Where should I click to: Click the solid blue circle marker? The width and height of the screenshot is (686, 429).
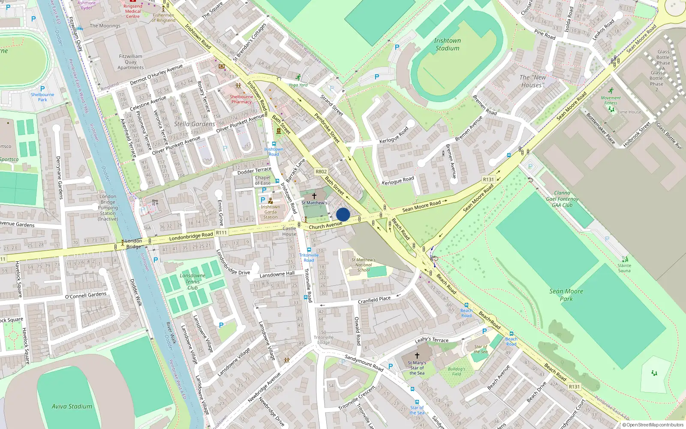click(343, 214)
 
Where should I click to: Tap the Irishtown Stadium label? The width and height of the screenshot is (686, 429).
click(447, 44)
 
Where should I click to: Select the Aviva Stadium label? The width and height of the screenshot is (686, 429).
click(72, 406)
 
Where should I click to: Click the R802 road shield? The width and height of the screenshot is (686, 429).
click(321, 172)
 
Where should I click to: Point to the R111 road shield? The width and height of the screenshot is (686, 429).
click(221, 233)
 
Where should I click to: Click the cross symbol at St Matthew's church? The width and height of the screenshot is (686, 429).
click(314, 196)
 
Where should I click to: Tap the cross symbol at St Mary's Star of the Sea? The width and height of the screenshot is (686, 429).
click(417, 355)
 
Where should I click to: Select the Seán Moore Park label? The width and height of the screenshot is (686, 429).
click(566, 295)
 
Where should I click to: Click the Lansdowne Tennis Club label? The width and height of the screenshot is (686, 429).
click(193, 281)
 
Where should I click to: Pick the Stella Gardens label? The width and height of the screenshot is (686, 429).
click(194, 124)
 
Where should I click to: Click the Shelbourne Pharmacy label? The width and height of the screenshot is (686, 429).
click(241, 99)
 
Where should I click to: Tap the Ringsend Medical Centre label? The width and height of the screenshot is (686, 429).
click(133, 11)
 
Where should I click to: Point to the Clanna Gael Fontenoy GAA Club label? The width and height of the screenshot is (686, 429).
click(562, 199)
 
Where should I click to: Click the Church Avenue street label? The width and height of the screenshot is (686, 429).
click(325, 225)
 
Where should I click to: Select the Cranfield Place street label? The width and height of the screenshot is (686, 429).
click(374, 300)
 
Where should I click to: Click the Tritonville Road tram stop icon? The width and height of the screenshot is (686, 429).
click(309, 250)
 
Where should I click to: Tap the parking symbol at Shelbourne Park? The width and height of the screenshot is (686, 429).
click(42, 89)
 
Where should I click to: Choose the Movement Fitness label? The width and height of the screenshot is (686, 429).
click(611, 100)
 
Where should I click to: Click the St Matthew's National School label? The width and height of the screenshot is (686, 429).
click(363, 265)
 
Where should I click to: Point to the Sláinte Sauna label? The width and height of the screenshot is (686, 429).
click(624, 268)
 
